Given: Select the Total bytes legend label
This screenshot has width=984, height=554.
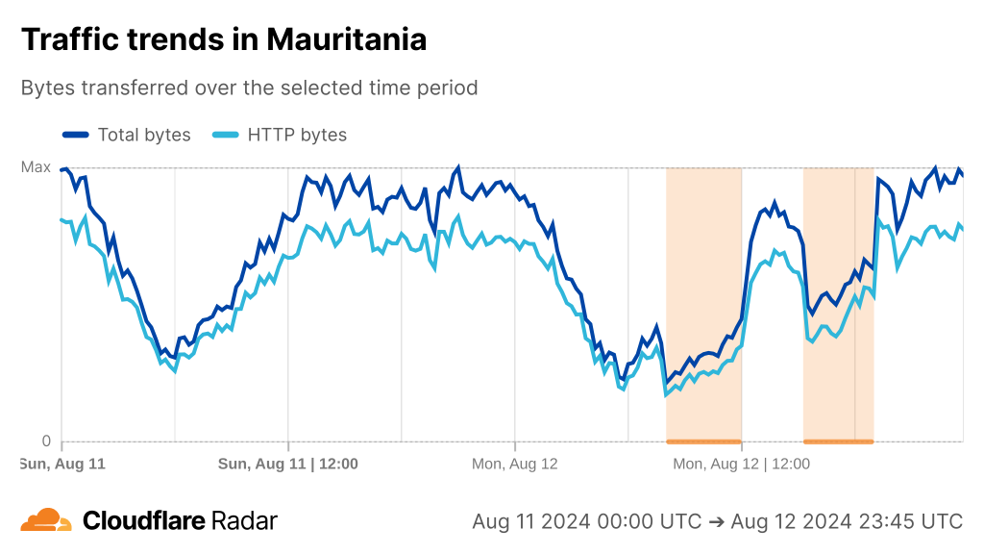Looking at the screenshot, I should (144, 135).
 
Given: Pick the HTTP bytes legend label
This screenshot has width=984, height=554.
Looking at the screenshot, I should (297, 135).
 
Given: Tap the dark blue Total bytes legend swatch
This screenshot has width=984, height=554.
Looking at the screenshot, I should (76, 135).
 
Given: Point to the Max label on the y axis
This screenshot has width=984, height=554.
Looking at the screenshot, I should (37, 167).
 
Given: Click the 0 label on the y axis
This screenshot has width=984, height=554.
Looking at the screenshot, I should (45, 441).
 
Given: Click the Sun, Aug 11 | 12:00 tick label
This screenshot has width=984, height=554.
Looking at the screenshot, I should (288, 464).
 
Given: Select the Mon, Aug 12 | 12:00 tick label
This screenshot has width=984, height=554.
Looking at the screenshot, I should (741, 464).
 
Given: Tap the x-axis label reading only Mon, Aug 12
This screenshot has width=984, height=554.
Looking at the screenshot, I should (515, 464).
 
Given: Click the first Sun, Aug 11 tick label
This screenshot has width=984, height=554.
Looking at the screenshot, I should (62, 464).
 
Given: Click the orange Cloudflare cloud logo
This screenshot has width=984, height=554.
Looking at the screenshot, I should (46, 520).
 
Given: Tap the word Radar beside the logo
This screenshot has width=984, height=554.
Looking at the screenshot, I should (245, 521).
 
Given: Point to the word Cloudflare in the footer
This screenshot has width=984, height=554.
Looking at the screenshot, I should (144, 521).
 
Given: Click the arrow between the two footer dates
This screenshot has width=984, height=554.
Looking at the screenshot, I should (716, 521).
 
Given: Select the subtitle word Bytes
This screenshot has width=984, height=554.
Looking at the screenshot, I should (47, 88).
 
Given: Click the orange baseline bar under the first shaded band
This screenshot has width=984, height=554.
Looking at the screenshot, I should (703, 441).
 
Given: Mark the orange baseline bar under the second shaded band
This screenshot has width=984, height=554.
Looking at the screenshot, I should (838, 441).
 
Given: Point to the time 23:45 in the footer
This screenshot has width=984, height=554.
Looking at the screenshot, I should (887, 521).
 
